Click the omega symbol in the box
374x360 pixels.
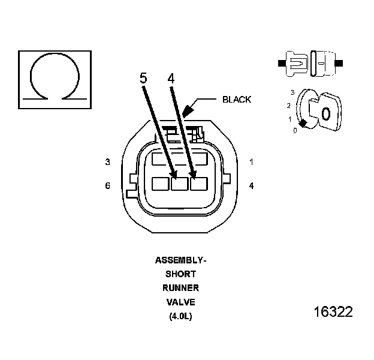point(56,77)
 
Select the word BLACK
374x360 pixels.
point(237,100)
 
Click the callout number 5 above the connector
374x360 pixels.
point(143,79)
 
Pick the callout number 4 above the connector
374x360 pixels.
point(171,79)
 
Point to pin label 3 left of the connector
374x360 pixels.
point(107,162)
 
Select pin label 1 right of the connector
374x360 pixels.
point(252,162)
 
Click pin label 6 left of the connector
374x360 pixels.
point(107,186)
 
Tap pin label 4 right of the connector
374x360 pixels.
point(252,186)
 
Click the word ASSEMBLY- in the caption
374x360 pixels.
point(180,260)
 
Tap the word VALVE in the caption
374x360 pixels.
point(180,302)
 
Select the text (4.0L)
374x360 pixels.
point(180,316)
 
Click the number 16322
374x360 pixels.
point(333,313)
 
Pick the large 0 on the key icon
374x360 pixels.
point(325,113)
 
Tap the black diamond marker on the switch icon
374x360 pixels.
point(303,124)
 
